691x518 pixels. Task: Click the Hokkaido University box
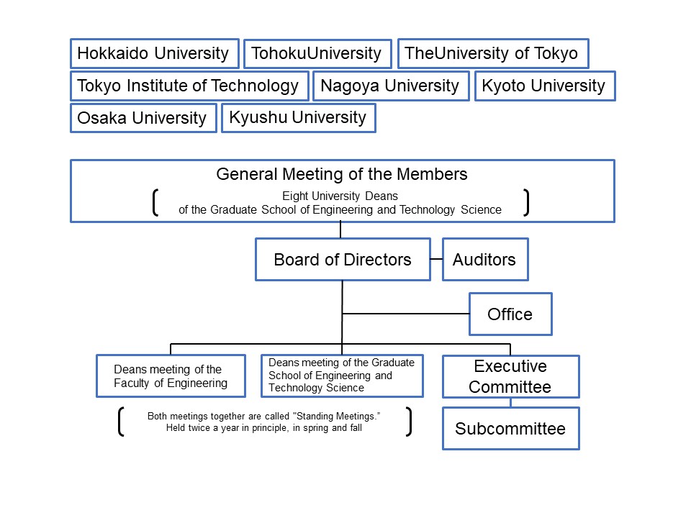pyautogui.click(x=154, y=53)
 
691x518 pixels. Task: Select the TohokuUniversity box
pyautogui.click(x=317, y=54)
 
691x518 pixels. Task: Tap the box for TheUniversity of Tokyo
pyautogui.click(x=492, y=53)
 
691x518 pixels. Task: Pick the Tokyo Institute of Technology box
pyautogui.click(x=189, y=86)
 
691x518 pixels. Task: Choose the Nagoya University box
pyautogui.click(x=390, y=86)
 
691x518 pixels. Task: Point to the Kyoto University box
pyautogui.click(x=544, y=86)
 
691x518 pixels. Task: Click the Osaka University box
pyautogui.click(x=143, y=118)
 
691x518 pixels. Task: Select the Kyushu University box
pyautogui.click(x=298, y=117)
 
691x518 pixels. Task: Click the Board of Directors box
pyautogui.click(x=343, y=259)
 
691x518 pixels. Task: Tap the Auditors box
pyautogui.click(x=484, y=259)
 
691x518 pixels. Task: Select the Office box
pyautogui.click(x=510, y=314)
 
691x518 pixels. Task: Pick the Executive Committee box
pyautogui.click(x=510, y=376)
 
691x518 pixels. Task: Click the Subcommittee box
pyautogui.click(x=510, y=429)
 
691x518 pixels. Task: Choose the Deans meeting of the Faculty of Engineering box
pyautogui.click(x=170, y=376)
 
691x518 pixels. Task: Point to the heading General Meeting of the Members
pyautogui.click(x=342, y=174)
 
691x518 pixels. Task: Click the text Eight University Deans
pyautogui.click(x=340, y=196)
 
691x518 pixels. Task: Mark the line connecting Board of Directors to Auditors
pyautogui.click(x=436, y=259)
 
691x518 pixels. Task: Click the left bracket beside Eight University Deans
pyautogui.click(x=155, y=202)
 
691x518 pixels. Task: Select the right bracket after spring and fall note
pyautogui.click(x=409, y=422)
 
